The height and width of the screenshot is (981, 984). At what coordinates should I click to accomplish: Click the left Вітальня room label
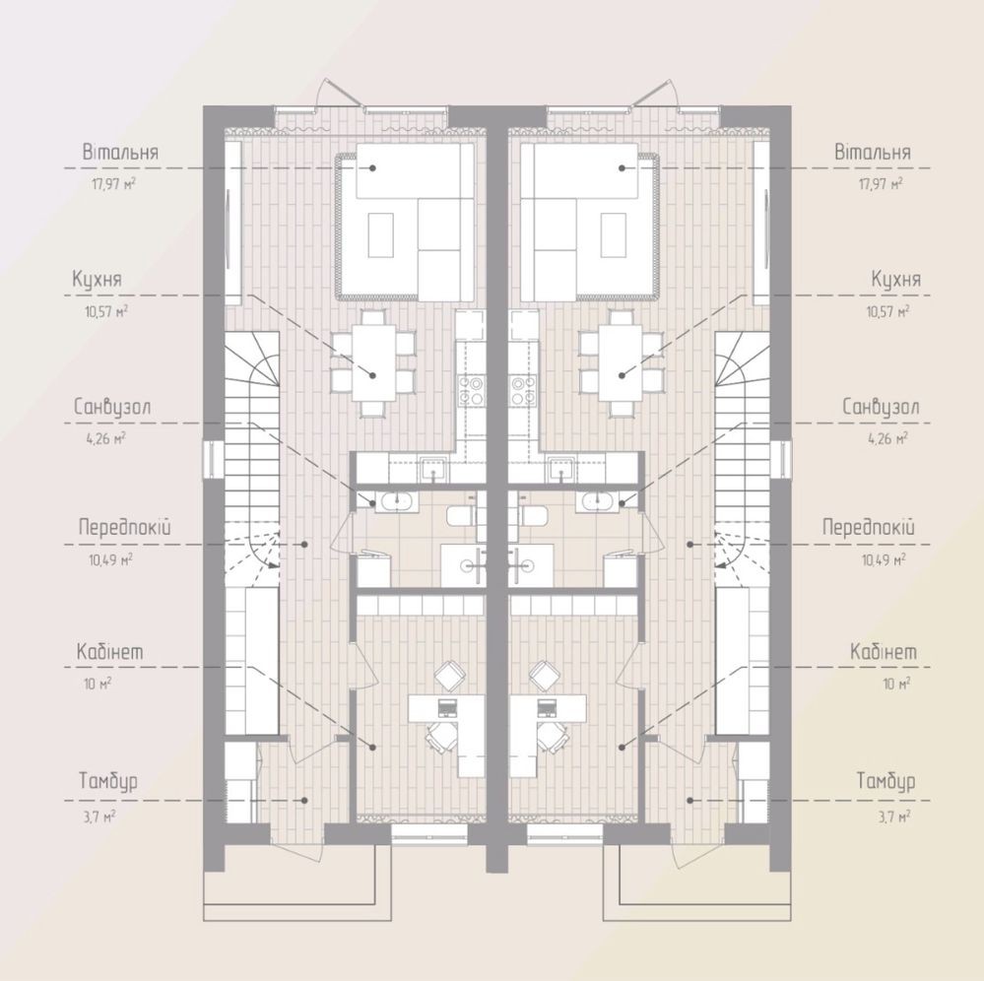[x=120, y=153]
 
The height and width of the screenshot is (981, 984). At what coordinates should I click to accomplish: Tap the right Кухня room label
[x=896, y=279]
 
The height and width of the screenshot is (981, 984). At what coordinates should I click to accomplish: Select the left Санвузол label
[x=111, y=407]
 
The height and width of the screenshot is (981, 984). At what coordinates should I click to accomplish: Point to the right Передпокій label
[x=869, y=527]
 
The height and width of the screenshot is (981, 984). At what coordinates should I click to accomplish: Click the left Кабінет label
[x=109, y=651]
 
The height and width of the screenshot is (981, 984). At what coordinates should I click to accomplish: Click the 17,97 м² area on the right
[x=881, y=184]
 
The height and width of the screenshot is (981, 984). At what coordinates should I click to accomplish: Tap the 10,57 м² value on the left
[x=106, y=311]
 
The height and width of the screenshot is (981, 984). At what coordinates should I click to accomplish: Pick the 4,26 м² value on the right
[x=887, y=438]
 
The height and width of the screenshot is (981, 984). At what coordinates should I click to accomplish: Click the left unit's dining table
[x=373, y=362]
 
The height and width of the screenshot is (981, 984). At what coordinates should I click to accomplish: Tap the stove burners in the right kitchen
[x=522, y=390]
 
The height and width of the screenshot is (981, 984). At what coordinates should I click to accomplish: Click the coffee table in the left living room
[x=381, y=234]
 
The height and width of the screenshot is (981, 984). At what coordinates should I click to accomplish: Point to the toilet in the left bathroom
[x=463, y=517]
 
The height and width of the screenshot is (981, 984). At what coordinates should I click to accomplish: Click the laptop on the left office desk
[x=447, y=707]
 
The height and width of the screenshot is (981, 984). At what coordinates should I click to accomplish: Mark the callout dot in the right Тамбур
[x=690, y=800]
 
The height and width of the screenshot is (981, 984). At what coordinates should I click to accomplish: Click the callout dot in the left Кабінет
[x=372, y=747]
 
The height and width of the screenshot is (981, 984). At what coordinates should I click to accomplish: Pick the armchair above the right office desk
[x=545, y=676]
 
